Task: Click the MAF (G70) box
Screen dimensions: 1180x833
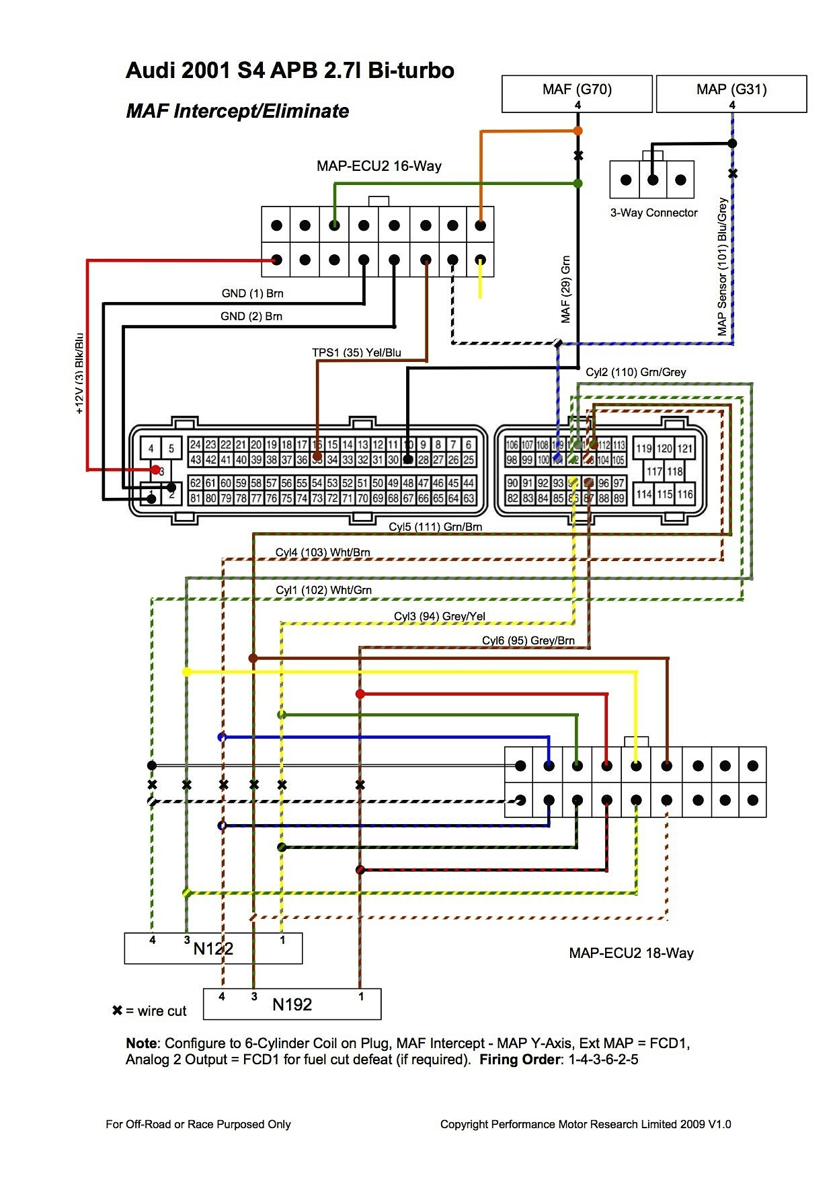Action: [x=577, y=94]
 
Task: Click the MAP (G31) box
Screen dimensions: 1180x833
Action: [x=731, y=94]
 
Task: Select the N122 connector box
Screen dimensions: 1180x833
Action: [x=213, y=949]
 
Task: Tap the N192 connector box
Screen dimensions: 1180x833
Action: [x=292, y=1004]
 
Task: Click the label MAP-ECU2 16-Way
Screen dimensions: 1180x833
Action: [x=379, y=166]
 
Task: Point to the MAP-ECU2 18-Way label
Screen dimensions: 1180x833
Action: [x=631, y=953]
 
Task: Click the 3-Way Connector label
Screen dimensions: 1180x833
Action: [x=653, y=213]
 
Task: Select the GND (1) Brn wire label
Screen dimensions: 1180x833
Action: [x=252, y=293]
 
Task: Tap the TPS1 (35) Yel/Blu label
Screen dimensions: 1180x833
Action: [x=356, y=353]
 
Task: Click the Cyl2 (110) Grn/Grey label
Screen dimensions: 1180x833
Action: [x=635, y=372]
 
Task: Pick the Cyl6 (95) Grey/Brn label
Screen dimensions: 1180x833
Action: [x=528, y=640]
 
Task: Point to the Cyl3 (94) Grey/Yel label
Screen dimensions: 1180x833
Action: [x=439, y=616]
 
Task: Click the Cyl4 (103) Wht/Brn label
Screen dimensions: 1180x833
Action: [x=323, y=552]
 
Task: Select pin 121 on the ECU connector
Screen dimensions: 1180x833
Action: [x=685, y=449]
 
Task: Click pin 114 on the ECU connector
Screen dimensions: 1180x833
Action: [x=644, y=494]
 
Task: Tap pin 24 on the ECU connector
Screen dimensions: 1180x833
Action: [x=195, y=445]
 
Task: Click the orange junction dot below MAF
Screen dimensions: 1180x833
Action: [x=578, y=131]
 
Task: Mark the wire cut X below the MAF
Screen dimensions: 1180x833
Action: [x=578, y=156]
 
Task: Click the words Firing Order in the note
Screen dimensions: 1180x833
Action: [x=518, y=1060]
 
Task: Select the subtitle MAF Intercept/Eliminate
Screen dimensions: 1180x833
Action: [x=237, y=111]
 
